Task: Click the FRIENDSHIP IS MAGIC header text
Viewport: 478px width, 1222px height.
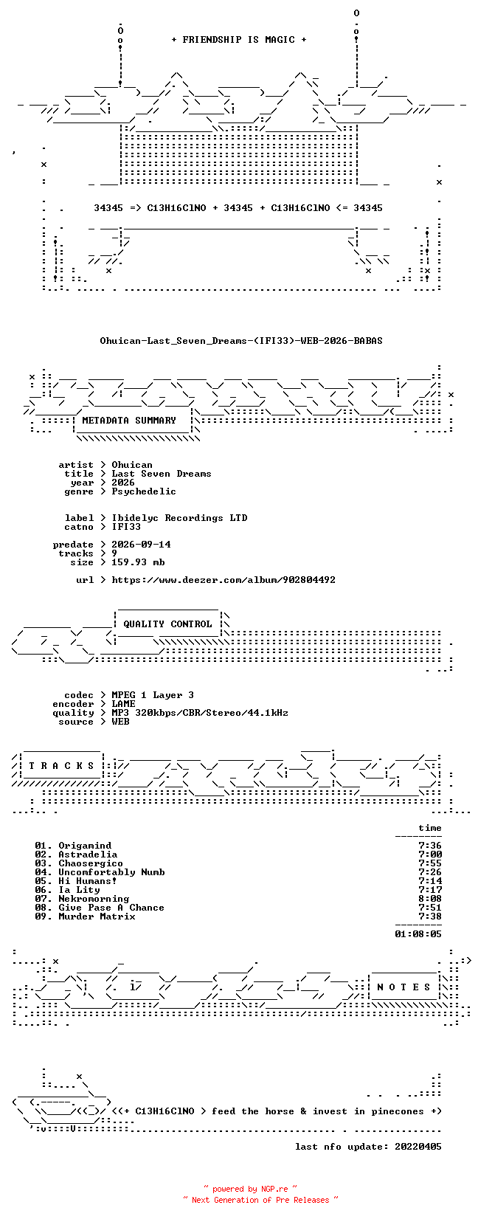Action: pyautogui.click(x=239, y=40)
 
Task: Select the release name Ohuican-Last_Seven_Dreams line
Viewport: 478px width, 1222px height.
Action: pyautogui.click(x=241, y=341)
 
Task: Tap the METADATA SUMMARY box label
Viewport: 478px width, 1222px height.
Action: pyautogui.click(x=129, y=421)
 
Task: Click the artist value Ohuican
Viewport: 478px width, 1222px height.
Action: pyautogui.click(x=132, y=465)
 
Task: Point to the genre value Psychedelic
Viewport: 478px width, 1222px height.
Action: pyautogui.click(x=144, y=491)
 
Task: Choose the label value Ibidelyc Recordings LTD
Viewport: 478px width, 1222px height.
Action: pyautogui.click(x=179, y=518)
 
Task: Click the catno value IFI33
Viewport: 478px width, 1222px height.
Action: pyautogui.click(x=126, y=527)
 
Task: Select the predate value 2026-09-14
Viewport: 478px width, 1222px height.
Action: pyautogui.click(x=141, y=545)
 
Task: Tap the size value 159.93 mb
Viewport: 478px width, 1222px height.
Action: pyautogui.click(x=138, y=562)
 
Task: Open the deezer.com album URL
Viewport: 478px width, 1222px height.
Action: pyautogui.click(x=224, y=580)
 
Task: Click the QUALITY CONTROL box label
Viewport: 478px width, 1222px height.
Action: pyautogui.click(x=167, y=624)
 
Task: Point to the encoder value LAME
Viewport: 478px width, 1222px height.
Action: pyautogui.click(x=123, y=704)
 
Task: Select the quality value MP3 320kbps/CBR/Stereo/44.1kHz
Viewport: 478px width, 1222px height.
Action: pyautogui.click(x=200, y=713)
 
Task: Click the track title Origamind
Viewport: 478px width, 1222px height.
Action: pyautogui.click(x=85, y=846)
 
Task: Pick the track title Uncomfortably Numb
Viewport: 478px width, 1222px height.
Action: pyautogui.click(x=111, y=872)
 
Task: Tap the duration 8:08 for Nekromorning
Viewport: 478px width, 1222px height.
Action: pyautogui.click(x=430, y=899)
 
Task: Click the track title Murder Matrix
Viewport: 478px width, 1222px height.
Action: pyautogui.click(x=97, y=916)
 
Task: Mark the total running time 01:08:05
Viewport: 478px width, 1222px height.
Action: pyautogui.click(x=418, y=934)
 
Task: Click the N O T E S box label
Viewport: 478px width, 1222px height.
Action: pyautogui.click(x=403, y=987)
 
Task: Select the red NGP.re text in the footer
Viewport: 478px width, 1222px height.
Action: pyautogui.click(x=274, y=1189)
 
